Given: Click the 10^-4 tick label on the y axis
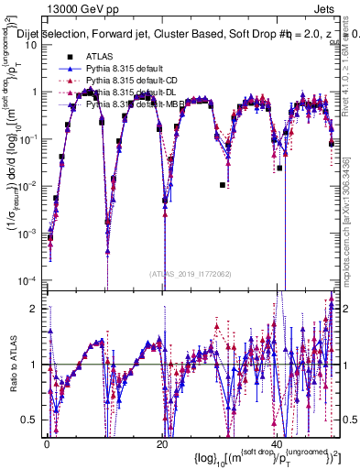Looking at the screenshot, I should (30, 280).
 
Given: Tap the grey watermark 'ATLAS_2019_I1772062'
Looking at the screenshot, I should (191, 273).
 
